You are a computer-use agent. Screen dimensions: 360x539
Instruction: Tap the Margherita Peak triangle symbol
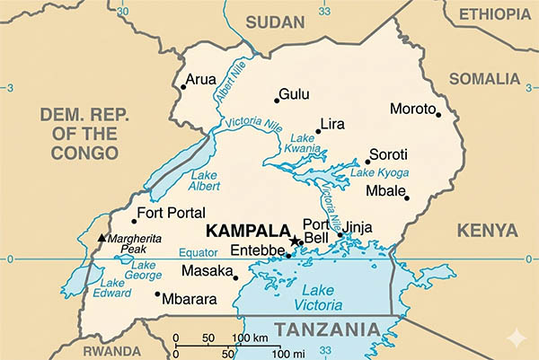(102, 238)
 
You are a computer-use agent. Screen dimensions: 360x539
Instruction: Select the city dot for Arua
(183, 86)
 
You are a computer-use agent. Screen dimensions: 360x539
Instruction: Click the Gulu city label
(294, 93)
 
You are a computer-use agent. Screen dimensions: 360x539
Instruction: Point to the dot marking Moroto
(438, 114)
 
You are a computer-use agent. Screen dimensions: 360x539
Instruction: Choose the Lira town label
(332, 123)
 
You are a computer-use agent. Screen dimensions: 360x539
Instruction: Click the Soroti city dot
(367, 162)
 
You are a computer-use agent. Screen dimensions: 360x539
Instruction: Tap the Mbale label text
(386, 191)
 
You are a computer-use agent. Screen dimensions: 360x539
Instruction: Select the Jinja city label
(358, 227)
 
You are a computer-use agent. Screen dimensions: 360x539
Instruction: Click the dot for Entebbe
(288, 255)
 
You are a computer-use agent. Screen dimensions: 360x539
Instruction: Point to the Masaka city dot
(235, 277)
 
